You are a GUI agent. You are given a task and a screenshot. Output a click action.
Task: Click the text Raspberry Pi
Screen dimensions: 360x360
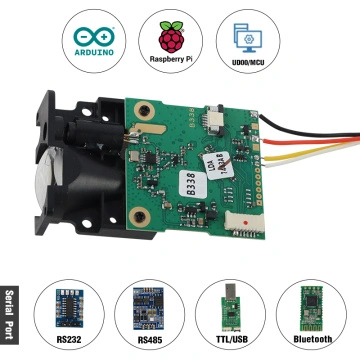point(178,62)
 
